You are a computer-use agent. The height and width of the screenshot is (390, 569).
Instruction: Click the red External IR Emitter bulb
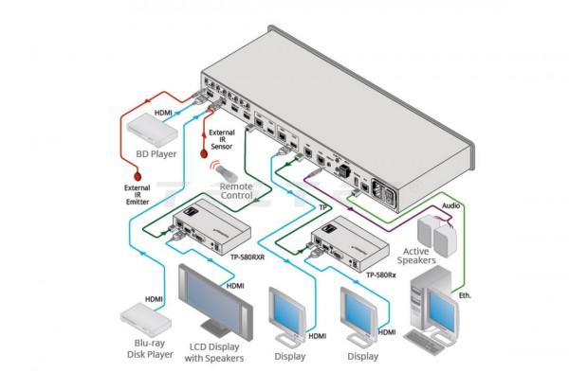pyautogui.click(x=138, y=174)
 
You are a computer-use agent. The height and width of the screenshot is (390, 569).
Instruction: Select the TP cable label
pyautogui.click(x=323, y=207)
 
